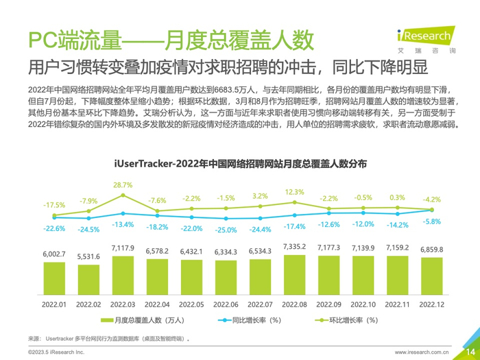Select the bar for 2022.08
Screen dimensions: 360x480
[x=294, y=274]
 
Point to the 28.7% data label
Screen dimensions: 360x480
[x=123, y=185]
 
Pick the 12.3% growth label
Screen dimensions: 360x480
[x=294, y=192]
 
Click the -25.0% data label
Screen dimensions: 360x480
[x=226, y=229]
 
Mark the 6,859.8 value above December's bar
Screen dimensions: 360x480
[x=431, y=249]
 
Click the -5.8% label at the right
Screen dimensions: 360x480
[x=432, y=221]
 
